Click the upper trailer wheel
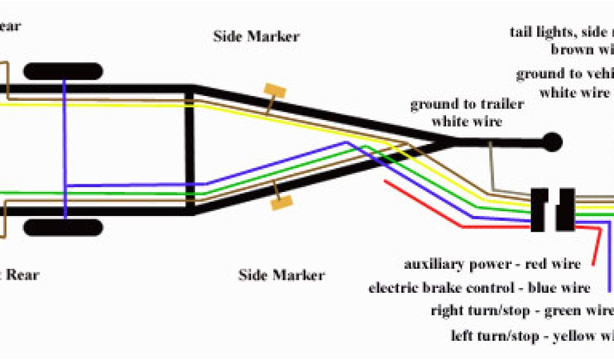(x=63, y=71)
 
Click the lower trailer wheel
(x=63, y=227)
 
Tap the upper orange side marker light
(x=275, y=92)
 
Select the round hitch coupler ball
(x=552, y=142)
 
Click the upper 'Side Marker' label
(x=256, y=36)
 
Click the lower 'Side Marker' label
(x=281, y=275)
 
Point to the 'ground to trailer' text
(x=466, y=104)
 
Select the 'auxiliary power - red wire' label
(x=492, y=264)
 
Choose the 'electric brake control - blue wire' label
(x=479, y=288)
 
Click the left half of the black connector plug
(x=540, y=210)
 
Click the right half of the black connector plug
(x=565, y=210)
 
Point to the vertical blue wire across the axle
(x=64, y=150)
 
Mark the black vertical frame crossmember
(x=190, y=150)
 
